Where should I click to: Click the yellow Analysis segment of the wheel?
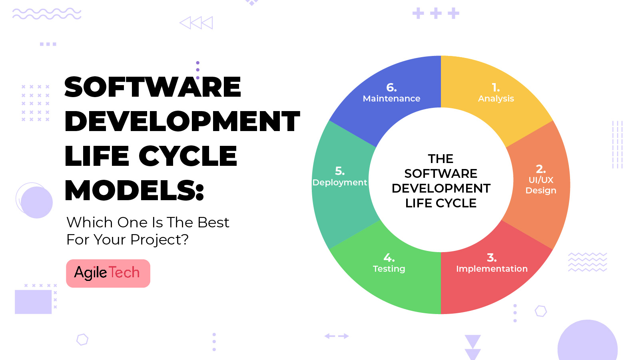point(496,96)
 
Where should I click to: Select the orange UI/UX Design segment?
point(540,184)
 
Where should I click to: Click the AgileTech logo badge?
point(108,273)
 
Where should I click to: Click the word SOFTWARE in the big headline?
point(153,87)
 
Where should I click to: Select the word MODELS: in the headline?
point(134,190)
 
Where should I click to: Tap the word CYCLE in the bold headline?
point(188,156)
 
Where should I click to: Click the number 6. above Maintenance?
point(391,88)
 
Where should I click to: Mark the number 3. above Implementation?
point(492,258)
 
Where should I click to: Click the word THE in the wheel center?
point(441,159)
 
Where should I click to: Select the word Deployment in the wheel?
point(340,183)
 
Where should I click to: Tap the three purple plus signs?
point(436,14)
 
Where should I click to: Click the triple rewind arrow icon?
point(196,23)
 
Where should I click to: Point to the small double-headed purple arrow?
point(337,336)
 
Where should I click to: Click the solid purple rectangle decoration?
point(33,302)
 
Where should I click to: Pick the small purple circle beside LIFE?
point(36,202)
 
